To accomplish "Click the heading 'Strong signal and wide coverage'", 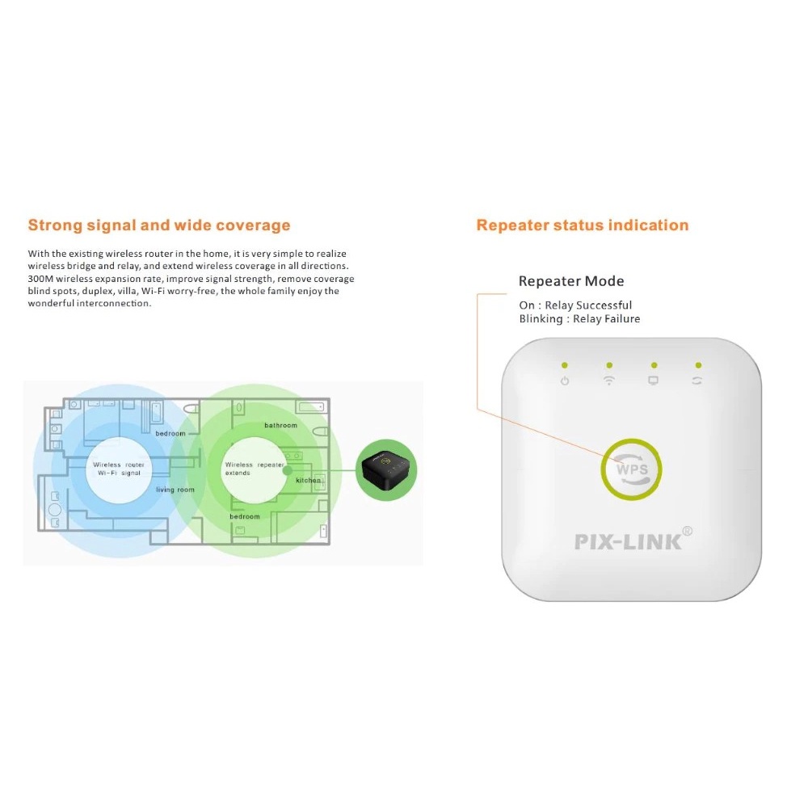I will tap(159, 225).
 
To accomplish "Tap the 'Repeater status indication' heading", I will tap(583, 225).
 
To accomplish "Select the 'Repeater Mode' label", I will tap(571, 281).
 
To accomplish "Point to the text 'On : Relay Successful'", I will tap(575, 305).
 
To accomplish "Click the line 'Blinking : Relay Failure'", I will tap(579, 319).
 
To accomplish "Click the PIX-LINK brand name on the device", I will tap(628, 541).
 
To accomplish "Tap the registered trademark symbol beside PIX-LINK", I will tap(688, 531).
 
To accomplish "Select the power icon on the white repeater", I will tap(565, 381).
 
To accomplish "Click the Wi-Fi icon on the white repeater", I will tap(609, 381).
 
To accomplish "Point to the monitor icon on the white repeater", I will tap(654, 381).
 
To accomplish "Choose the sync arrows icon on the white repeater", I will tap(696, 381).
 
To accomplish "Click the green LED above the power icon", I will tap(565, 365).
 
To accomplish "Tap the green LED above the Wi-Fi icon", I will tap(609, 365).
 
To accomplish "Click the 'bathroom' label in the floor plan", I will tap(280, 426).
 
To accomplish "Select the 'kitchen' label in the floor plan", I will tap(309, 481).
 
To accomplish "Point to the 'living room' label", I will tap(175, 490).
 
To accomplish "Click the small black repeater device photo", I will tap(388, 469).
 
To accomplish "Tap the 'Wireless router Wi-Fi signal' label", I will tap(119, 469).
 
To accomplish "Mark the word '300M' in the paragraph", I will tap(40, 279).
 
